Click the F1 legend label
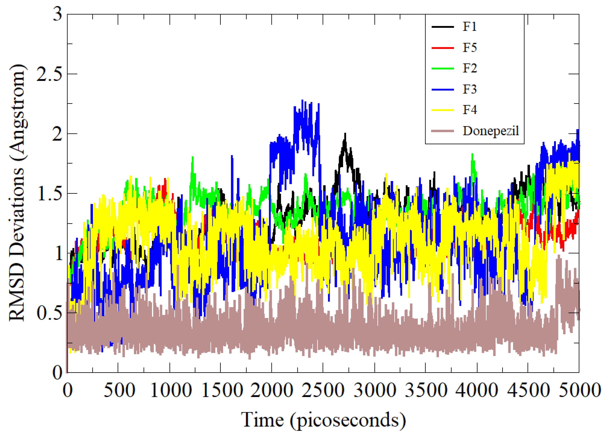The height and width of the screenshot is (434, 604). (x=469, y=27)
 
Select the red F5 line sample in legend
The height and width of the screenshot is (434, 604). (x=442, y=48)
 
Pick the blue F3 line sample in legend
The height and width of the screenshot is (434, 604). (x=442, y=90)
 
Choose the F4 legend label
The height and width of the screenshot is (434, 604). (x=470, y=110)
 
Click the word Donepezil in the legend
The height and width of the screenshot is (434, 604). (x=491, y=131)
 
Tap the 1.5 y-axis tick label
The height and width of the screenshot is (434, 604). (x=49, y=194)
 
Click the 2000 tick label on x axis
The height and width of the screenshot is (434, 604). (x=272, y=390)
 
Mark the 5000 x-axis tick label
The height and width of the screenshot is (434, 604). (x=580, y=390)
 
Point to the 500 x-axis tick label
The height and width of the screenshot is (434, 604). (x=119, y=390)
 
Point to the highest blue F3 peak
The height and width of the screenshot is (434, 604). (x=302, y=101)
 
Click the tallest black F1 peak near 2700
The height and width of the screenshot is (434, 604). (x=345, y=134)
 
